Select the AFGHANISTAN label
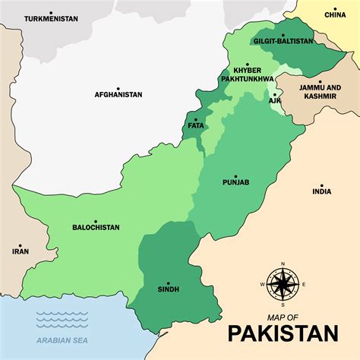point(118,95)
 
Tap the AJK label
point(274,99)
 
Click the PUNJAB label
point(235,182)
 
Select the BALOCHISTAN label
point(96,227)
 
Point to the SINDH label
point(169,290)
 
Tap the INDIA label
point(321,192)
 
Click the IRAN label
point(21,250)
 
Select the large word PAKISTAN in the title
point(283,333)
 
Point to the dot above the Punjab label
point(235,175)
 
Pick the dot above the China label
point(334,6)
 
